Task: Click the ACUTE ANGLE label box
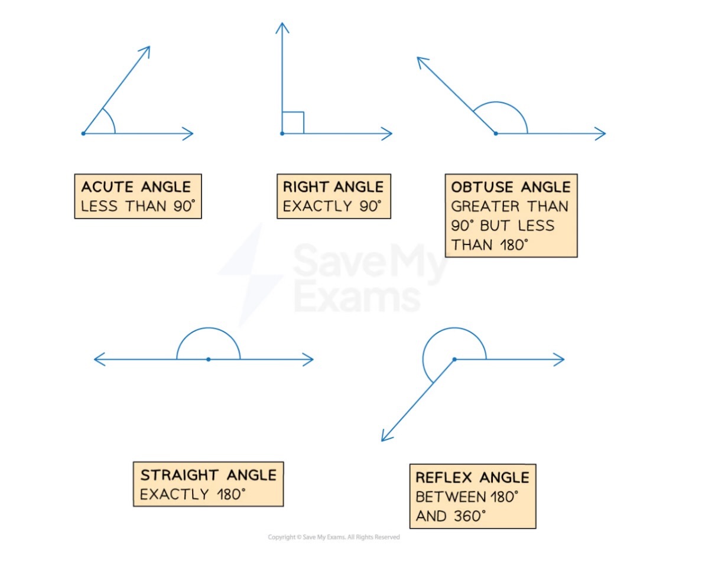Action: [x=138, y=197]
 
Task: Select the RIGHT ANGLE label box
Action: [x=333, y=197]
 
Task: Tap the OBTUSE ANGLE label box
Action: [x=511, y=216]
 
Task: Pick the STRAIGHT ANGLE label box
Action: [x=208, y=484]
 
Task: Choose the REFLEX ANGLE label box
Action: [x=472, y=496]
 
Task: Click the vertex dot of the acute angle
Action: [x=83, y=133]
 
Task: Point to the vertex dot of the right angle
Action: [x=282, y=133]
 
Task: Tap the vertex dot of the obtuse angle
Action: [x=496, y=133]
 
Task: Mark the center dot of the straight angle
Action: [x=208, y=359]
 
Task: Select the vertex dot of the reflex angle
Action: [x=454, y=359]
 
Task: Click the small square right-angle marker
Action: [x=293, y=123]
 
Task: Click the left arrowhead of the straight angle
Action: [x=98, y=359]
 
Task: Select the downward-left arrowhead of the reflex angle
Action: [x=385, y=437]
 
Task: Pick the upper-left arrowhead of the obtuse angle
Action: [x=421, y=60]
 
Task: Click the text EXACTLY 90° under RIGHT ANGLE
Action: [x=333, y=207]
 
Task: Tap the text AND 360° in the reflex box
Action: [x=450, y=516]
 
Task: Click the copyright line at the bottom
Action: [x=334, y=537]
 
